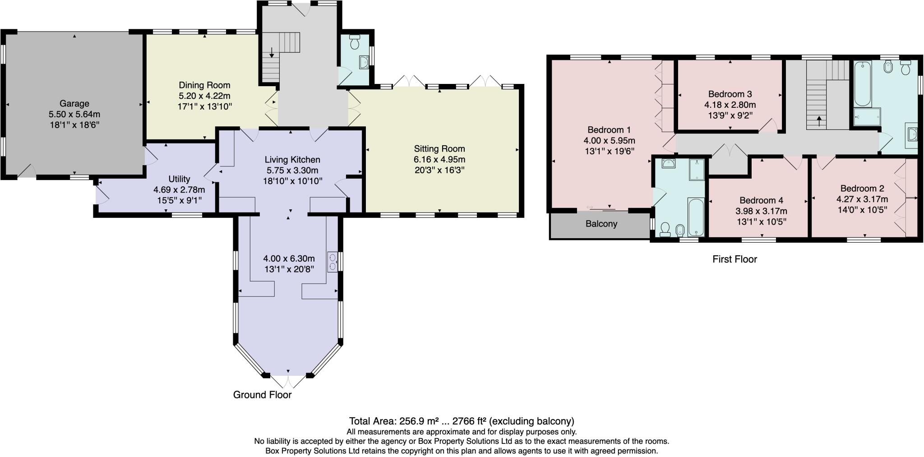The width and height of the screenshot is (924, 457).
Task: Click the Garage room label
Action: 74,104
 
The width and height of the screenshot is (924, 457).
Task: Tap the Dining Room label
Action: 204,85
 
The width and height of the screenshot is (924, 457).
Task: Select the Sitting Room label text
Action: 439,149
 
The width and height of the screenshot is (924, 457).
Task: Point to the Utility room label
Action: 179,179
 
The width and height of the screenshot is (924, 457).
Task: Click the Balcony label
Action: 601,224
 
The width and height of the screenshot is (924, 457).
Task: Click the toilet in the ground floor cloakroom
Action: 354,42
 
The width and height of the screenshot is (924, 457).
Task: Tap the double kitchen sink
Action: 333,262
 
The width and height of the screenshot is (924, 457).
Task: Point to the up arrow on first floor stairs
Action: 819,121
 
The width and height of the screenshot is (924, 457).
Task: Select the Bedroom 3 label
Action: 730,94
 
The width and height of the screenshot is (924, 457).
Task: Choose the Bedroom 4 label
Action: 761,200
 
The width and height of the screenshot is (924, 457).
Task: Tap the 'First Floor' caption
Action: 735,259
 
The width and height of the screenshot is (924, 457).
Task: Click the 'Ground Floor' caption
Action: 262,395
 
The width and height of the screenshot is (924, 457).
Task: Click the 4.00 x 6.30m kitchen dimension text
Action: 289,259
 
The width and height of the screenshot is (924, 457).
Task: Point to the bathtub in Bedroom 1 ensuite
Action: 696,217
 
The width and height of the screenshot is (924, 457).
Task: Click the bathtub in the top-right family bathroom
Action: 862,84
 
